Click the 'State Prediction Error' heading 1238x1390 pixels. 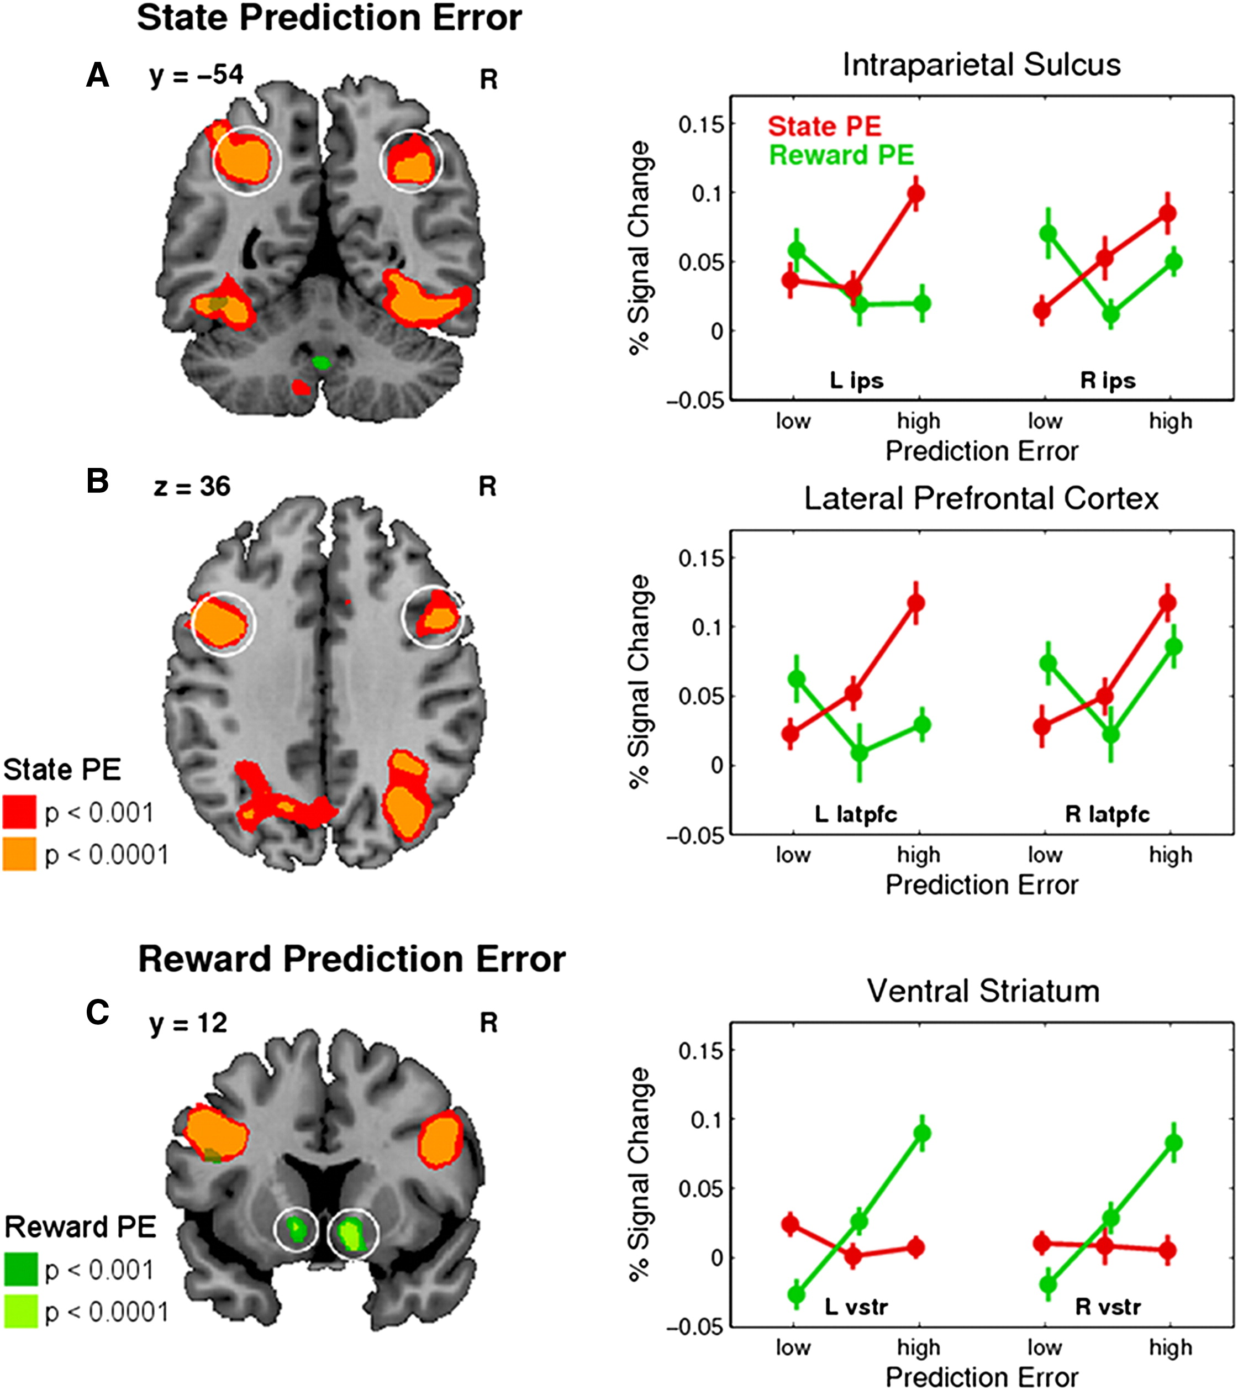(329, 18)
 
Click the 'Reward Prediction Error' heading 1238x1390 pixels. (352, 959)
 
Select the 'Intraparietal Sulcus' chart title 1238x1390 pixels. (982, 65)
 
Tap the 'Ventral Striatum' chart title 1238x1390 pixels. (983, 991)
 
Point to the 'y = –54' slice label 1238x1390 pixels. (196, 75)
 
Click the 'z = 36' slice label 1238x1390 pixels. (192, 487)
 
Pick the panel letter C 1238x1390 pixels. (97, 1013)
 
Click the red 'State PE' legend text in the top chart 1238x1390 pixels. (824, 127)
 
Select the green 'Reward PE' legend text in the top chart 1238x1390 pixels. (841, 156)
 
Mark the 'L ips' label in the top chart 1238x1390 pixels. (856, 380)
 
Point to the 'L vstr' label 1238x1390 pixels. (856, 1307)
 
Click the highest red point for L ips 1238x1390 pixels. (916, 194)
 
